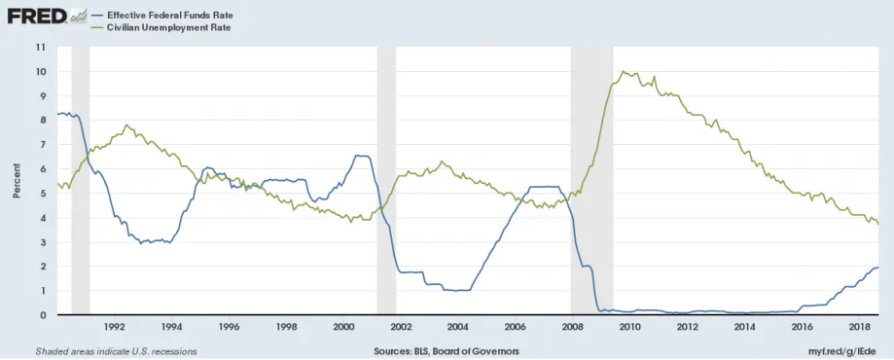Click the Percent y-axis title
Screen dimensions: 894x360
17,181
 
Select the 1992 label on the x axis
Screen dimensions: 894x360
114,326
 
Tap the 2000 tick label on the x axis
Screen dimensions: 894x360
343,326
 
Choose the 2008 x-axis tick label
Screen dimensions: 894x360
572,326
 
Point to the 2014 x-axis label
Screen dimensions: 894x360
744,326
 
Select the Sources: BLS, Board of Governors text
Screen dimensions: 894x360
447,351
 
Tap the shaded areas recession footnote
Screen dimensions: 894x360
117,351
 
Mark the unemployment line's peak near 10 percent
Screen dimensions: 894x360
624,71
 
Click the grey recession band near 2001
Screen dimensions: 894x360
386,181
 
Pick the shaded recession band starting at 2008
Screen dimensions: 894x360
591,181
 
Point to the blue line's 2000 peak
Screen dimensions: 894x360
357,155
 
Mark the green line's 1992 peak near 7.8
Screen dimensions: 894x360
126,125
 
